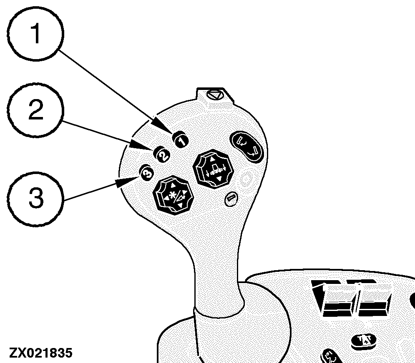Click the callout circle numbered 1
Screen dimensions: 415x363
coord(35,34)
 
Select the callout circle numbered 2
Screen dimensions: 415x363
coord(35,110)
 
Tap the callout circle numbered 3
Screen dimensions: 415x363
coord(35,198)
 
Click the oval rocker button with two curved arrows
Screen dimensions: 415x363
coord(246,147)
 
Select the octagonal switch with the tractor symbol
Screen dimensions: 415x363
coord(213,169)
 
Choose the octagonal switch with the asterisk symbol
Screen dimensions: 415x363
coord(174,195)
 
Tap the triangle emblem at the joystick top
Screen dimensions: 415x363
coord(214,94)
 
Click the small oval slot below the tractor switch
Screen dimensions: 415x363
coord(231,199)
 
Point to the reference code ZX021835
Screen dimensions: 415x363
coord(40,353)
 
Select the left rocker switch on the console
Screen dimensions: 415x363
coord(334,298)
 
